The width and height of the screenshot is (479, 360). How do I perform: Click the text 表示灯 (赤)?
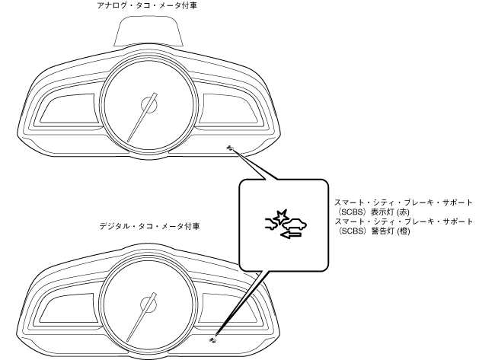pyautogui.click(x=384, y=213)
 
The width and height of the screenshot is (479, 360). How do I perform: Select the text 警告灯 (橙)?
pyautogui.click(x=384, y=231)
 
